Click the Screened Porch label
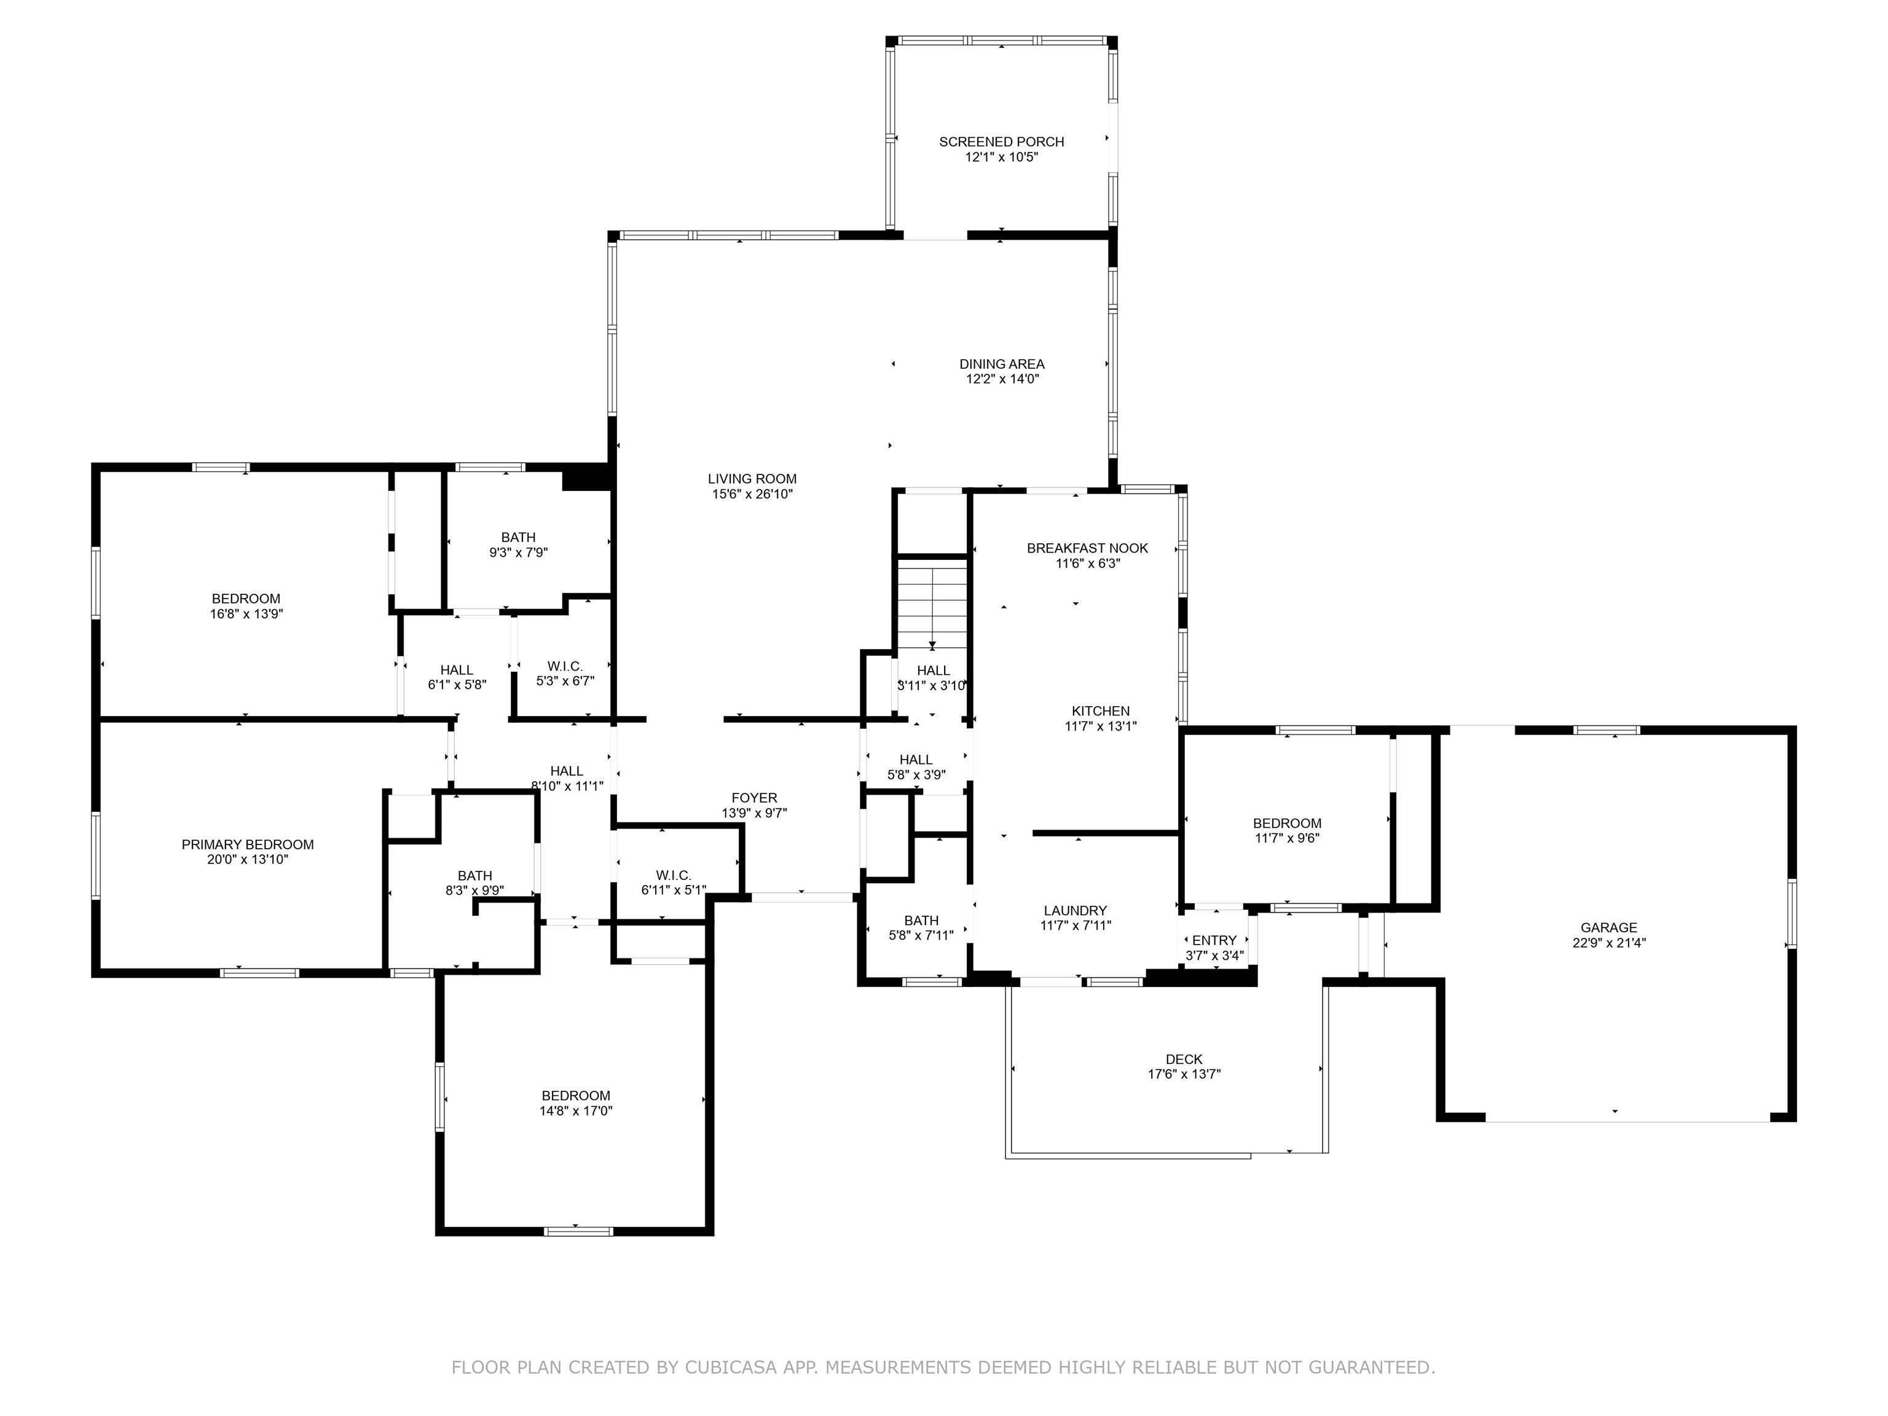pyautogui.click(x=1001, y=142)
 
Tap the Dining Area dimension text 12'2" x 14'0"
pyautogui.click(x=1002, y=379)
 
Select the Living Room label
pyautogui.click(x=752, y=479)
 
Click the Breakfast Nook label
pyautogui.click(x=1087, y=548)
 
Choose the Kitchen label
pyautogui.click(x=1100, y=711)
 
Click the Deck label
pyautogui.click(x=1184, y=1059)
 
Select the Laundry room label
pyautogui.click(x=1074, y=911)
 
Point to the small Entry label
pyautogui.click(x=1214, y=940)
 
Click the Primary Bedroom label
pyautogui.click(x=248, y=844)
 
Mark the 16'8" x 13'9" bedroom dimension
pyautogui.click(x=246, y=614)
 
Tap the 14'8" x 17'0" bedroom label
pyautogui.click(x=576, y=1096)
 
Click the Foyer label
pyautogui.click(x=753, y=798)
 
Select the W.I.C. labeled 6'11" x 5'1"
pyautogui.click(x=674, y=876)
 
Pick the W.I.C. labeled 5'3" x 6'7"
pyautogui.click(x=565, y=666)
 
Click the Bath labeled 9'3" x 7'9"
pyautogui.click(x=518, y=538)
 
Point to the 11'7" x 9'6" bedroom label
pyautogui.click(x=1286, y=824)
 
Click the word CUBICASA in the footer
pyautogui.click(x=730, y=1367)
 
